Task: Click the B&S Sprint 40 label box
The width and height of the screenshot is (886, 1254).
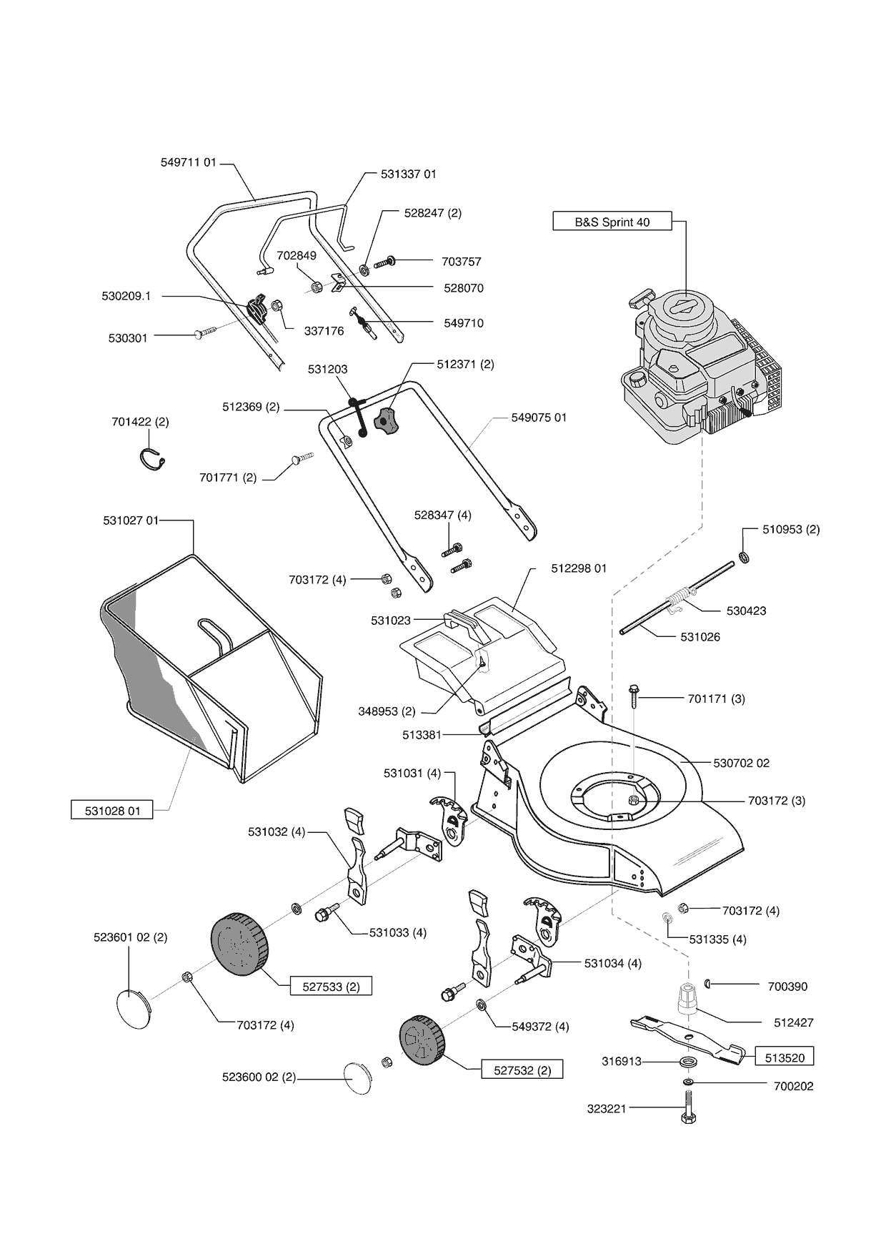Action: [x=612, y=222]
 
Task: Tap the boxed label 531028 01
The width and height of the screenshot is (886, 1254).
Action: [x=112, y=811]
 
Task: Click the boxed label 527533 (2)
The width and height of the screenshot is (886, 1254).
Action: [x=331, y=987]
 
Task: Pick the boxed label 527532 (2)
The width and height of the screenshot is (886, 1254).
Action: [x=522, y=1070]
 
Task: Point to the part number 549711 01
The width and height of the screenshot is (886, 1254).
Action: [x=188, y=162]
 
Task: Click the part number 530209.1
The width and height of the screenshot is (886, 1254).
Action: [x=126, y=296]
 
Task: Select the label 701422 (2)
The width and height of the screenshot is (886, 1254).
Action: [x=140, y=422]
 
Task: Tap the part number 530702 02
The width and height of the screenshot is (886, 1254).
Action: [x=741, y=763]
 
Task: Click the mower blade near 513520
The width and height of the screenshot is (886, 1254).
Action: [x=686, y=1037]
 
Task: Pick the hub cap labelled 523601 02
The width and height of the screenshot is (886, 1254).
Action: [x=133, y=1007]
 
